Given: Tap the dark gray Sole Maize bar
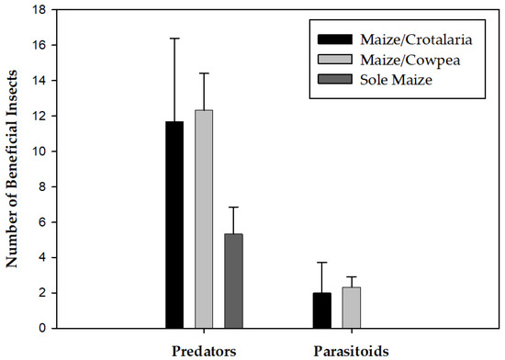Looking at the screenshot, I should tap(233, 281).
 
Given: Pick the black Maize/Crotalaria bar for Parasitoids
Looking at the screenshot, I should tap(322, 310).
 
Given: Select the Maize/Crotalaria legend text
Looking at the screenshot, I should tap(401, 39).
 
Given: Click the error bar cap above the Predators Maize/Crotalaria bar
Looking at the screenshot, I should tap(174, 39).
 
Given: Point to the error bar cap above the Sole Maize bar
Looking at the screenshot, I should tap(233, 208).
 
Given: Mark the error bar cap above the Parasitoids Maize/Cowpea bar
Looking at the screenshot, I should tap(352, 276).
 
